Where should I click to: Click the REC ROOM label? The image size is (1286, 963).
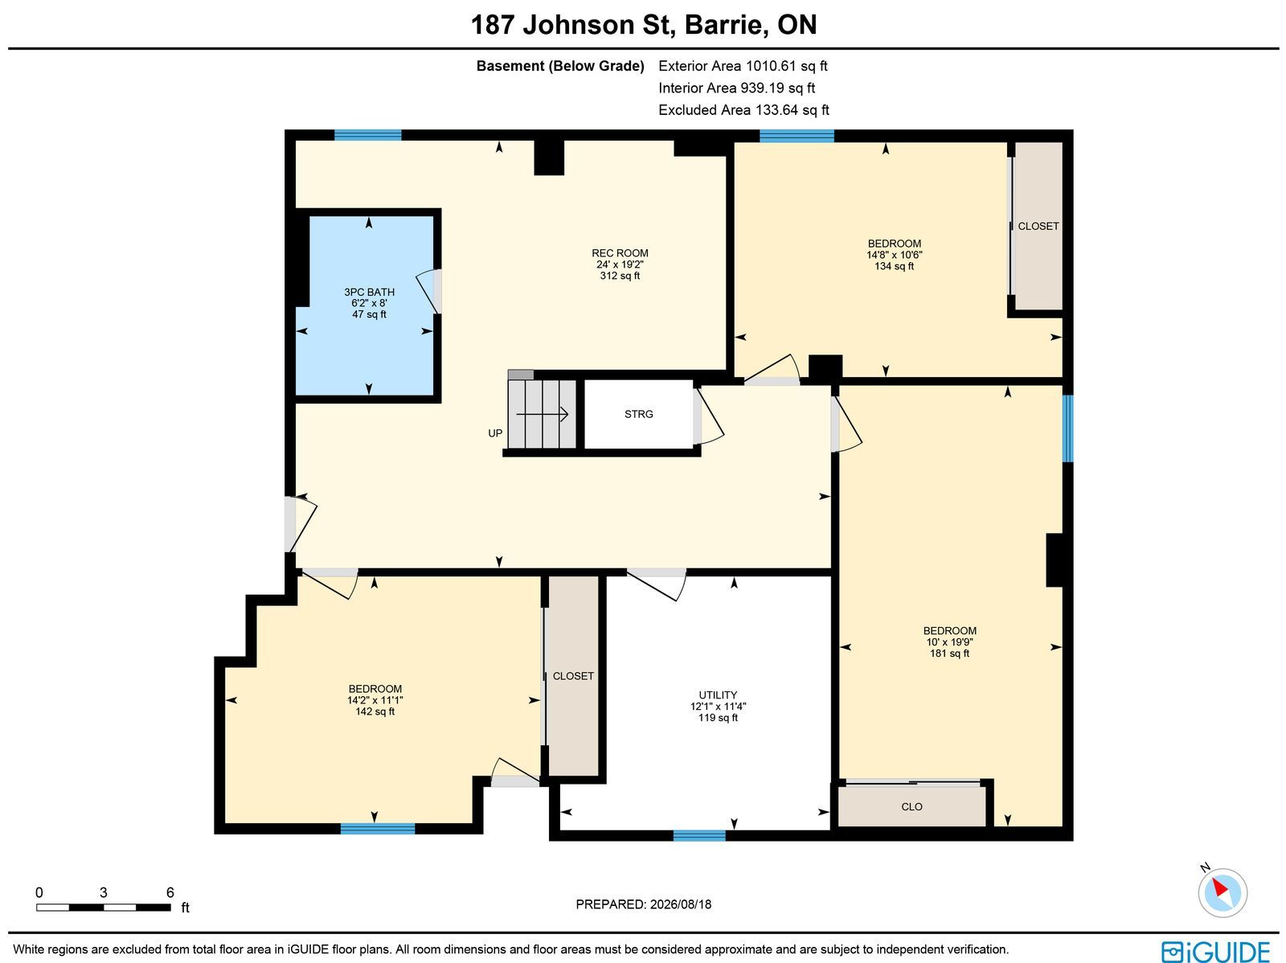point(620,253)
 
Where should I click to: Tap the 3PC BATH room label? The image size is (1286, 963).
point(369,292)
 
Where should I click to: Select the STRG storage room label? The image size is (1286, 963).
point(639,414)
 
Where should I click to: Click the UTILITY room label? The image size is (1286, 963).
point(718,695)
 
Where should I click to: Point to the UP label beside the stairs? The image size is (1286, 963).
point(495,433)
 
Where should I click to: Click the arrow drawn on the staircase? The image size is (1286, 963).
point(542,414)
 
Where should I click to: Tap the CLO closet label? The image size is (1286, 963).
point(911,806)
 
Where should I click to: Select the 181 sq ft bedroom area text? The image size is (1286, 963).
point(950,654)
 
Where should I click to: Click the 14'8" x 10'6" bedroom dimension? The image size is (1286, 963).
point(894,255)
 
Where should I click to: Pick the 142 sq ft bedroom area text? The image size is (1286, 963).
point(375,711)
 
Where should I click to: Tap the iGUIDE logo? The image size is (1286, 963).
point(1216,951)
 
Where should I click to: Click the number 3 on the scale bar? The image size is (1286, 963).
point(104,893)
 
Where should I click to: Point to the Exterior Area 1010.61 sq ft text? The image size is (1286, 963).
point(743,66)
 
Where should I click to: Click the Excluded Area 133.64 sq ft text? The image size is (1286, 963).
point(743,110)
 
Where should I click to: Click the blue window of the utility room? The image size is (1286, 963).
point(699,836)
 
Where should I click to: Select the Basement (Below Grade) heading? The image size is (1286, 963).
point(560,66)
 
